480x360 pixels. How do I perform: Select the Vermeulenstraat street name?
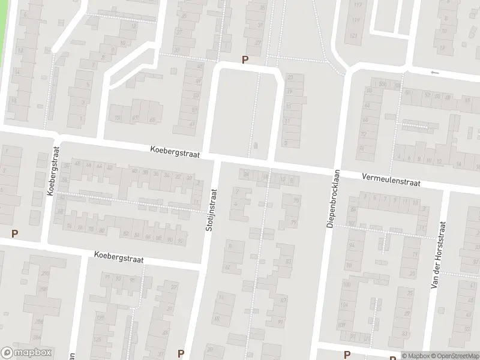pyautogui.click(x=391, y=179)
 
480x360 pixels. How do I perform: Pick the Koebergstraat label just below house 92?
pyautogui.click(x=119, y=257)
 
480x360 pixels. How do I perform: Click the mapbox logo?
pyautogui.click(x=26, y=353)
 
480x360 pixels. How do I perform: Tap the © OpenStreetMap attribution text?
pyautogui.click(x=454, y=356)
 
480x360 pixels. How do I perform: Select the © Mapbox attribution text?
pyautogui.click(x=415, y=356)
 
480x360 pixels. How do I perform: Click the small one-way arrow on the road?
pyautogui.click(x=435, y=73)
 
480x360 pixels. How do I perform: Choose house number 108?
pyautogui.click(x=343, y=324)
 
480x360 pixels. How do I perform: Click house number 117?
pyautogui.click(x=358, y=5)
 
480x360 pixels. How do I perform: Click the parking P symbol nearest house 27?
pyautogui.click(x=245, y=59)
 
